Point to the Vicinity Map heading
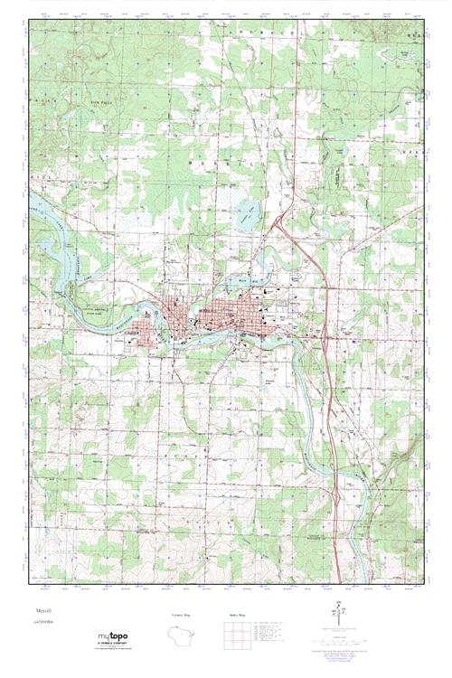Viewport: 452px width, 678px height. [x=181, y=615]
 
